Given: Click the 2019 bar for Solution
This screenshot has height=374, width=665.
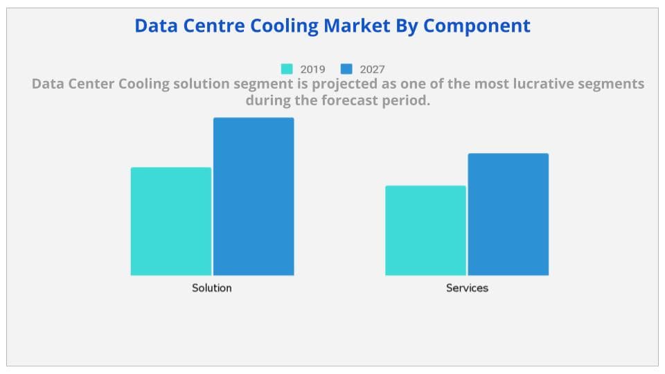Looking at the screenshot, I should point(171,222).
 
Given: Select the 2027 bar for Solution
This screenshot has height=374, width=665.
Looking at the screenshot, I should point(254,197).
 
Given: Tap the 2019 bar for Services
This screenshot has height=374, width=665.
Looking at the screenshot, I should point(425,231).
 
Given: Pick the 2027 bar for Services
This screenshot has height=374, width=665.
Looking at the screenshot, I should point(508,215).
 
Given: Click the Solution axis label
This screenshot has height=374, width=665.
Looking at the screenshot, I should point(212,287).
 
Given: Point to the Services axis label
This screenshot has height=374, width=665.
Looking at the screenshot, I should point(467,287).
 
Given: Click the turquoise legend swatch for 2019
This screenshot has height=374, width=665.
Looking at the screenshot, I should point(287,69).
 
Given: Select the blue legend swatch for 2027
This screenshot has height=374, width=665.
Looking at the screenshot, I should point(347,69).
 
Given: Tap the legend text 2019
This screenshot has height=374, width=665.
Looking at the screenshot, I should point(312,69).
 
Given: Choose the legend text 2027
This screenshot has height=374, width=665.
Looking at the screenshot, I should point(372,69).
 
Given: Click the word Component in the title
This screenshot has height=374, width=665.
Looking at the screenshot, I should point(477,26).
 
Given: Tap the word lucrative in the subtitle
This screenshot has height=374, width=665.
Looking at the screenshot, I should point(502,84).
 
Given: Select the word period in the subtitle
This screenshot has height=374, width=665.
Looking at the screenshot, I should point(409,100).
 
